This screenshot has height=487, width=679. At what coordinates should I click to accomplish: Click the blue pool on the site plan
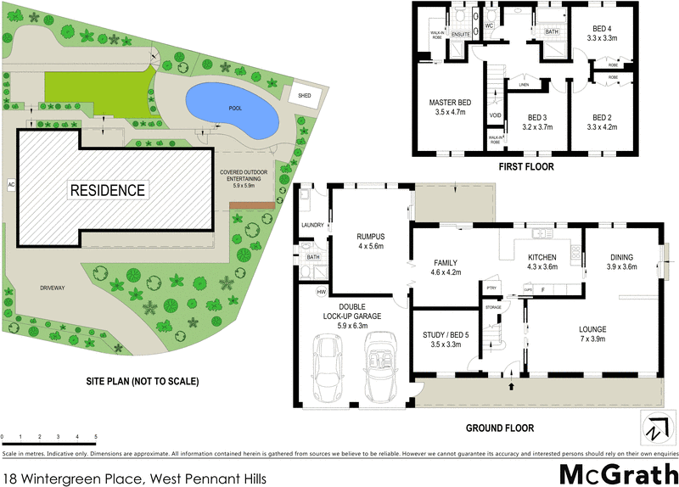(231, 111)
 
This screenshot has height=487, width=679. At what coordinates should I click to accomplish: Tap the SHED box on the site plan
(303, 96)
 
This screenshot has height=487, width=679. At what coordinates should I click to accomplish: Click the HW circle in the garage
(321, 292)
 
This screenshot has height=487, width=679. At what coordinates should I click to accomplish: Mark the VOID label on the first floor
(496, 115)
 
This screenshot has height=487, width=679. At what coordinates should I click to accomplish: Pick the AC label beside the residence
(11, 183)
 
